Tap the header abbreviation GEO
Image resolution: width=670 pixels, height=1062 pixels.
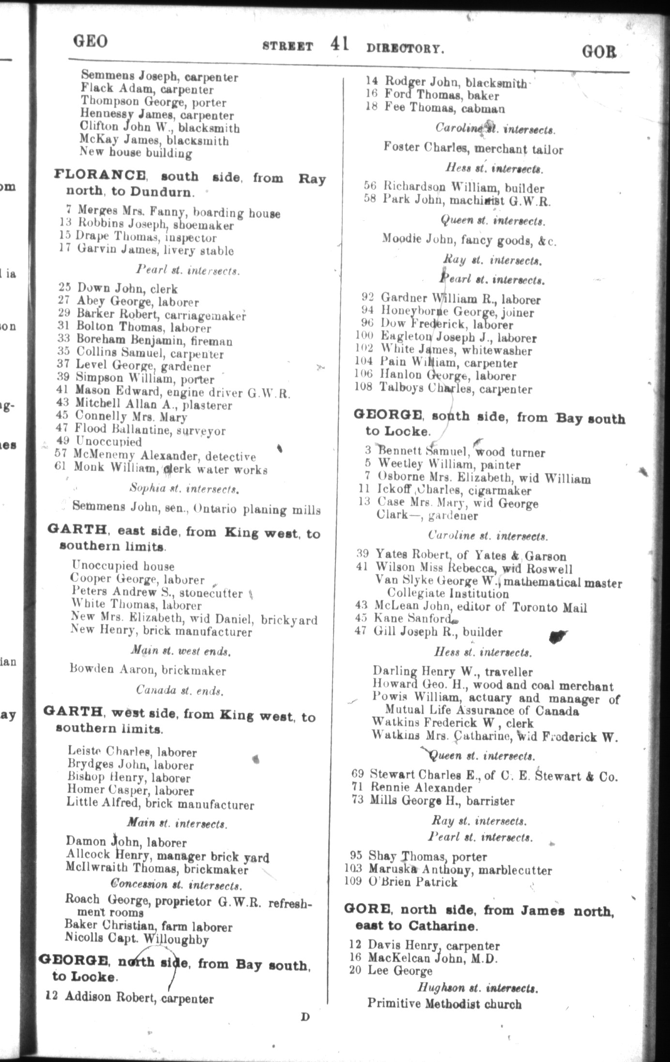[x=90, y=42]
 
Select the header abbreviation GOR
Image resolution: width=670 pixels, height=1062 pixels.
[x=599, y=51]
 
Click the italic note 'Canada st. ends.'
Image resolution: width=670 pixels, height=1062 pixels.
[x=180, y=690]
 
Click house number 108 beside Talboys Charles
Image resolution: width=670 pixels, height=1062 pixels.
[x=363, y=387]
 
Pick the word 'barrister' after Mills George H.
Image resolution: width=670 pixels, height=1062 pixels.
[x=490, y=801]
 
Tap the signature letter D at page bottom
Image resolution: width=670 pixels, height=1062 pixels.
[x=305, y=1017]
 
